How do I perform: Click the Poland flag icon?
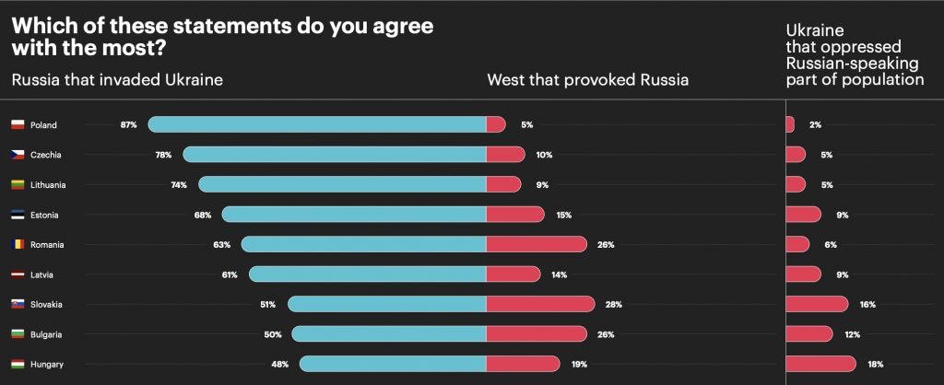coord(18,124)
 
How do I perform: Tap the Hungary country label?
coord(46,364)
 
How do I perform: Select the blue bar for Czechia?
coord(334,155)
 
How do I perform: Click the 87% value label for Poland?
coord(128,124)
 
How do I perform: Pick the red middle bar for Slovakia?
coord(540,304)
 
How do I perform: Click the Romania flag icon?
coord(18,244)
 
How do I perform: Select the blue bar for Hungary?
coord(393,364)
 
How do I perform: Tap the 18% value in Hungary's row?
coord(876,364)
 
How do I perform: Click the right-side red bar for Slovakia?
coord(816,304)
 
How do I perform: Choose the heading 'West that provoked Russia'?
coord(587,79)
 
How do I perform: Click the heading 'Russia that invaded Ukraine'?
coord(117,79)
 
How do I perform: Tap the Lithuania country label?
coord(48,184)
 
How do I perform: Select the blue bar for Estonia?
coord(354,215)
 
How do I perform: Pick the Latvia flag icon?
coord(18,274)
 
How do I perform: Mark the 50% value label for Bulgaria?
coord(272,334)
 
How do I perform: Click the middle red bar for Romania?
coord(536,244)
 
